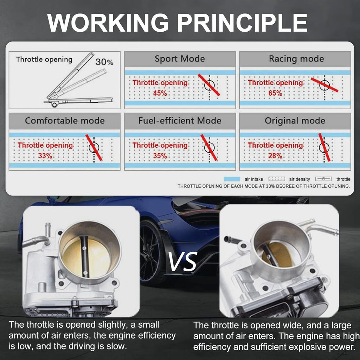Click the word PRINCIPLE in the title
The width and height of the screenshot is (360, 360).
[242, 22]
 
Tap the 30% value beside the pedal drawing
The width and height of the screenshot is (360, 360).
[104, 62]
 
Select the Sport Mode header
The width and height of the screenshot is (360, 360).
[180, 59]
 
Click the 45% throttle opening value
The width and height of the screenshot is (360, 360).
[160, 93]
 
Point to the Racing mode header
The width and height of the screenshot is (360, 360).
[296, 59]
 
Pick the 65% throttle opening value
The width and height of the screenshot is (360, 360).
[275, 93]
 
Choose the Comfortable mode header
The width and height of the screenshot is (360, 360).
[65, 121]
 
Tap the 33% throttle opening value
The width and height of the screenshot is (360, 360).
[45, 156]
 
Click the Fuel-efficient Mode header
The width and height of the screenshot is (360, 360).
[180, 121]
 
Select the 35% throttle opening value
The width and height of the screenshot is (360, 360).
[160, 156]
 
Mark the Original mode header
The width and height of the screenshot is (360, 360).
[295, 121]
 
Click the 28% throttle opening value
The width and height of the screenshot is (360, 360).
[275, 156]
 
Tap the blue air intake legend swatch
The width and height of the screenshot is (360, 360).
[232, 179]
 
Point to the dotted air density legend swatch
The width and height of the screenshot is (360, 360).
[277, 179]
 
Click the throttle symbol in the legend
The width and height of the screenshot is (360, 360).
[323, 179]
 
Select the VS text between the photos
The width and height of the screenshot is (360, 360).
[183, 262]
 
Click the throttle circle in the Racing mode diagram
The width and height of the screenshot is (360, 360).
[324, 85]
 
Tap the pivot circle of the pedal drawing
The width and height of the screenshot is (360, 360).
[54, 105]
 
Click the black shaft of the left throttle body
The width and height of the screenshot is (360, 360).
[84, 256]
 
